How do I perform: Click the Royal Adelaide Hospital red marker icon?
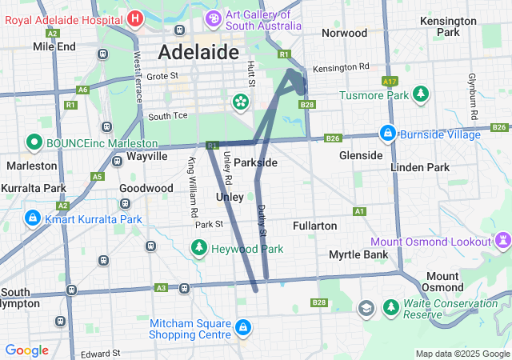pos(135,18)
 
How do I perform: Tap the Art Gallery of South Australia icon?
pos(214,18)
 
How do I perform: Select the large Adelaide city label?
pos(198,53)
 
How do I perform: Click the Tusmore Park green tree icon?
pos(420,95)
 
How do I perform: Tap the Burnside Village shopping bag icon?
pos(388,133)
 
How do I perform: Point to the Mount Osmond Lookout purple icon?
pos(502,241)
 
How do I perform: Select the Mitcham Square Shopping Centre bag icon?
pos(242,328)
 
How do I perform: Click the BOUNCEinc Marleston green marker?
pos(34,143)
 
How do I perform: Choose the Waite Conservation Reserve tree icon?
pos(390,307)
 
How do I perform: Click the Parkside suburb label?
pos(255,162)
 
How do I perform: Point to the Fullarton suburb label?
pos(314,226)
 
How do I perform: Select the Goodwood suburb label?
pos(146,188)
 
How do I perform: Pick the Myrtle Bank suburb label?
pos(358,254)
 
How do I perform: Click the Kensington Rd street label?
pos(341,67)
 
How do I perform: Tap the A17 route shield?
pos(390,81)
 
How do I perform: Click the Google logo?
pos(27,350)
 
